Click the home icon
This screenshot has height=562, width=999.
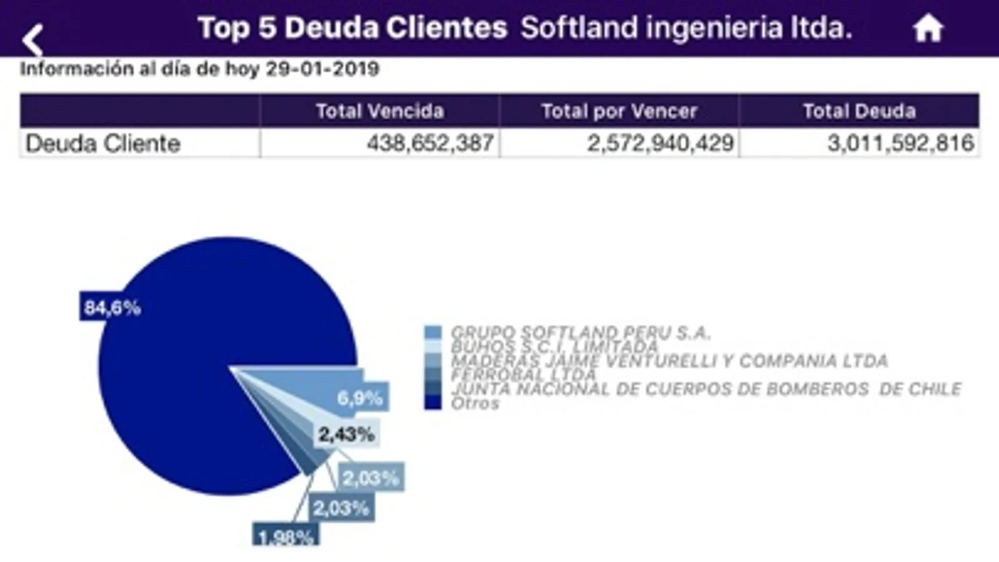pyautogui.click(x=928, y=29)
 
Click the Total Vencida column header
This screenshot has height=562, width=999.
pyautogui.click(x=379, y=111)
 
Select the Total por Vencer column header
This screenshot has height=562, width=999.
pyautogui.click(x=619, y=111)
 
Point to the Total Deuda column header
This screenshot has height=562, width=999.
pyautogui.click(x=859, y=111)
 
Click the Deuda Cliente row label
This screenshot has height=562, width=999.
pyautogui.click(x=103, y=144)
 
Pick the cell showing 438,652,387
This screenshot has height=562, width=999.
pyautogui.click(x=430, y=144)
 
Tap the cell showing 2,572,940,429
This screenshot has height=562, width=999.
pyautogui.click(x=660, y=144)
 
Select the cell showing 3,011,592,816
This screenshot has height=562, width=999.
pyautogui.click(x=900, y=144)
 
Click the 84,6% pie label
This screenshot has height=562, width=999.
pyautogui.click(x=112, y=307)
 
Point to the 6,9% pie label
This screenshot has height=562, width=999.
pyautogui.click(x=360, y=398)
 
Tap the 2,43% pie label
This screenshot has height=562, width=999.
pyautogui.click(x=346, y=434)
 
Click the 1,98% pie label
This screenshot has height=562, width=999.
pyautogui.click(x=286, y=536)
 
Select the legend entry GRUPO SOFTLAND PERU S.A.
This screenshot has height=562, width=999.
pyautogui.click(x=580, y=333)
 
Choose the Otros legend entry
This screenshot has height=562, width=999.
pyautogui.click(x=475, y=403)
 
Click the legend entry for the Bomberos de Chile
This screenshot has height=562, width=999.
pyautogui.click(x=706, y=389)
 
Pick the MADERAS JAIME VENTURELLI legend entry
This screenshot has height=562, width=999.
pyautogui.click(x=668, y=361)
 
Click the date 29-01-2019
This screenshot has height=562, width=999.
pyautogui.click(x=322, y=69)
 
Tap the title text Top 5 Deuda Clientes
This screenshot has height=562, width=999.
pyautogui.click(x=352, y=28)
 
